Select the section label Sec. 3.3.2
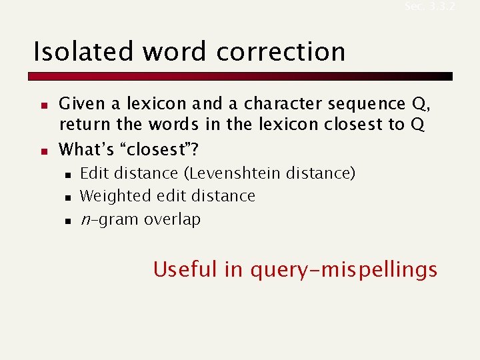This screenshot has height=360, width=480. [430, 7]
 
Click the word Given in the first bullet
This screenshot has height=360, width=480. [81, 104]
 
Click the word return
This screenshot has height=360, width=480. [79, 125]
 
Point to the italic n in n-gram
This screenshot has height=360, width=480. [85, 219]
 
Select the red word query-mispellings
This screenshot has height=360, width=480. [344, 269]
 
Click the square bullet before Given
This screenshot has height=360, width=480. [42, 105]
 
